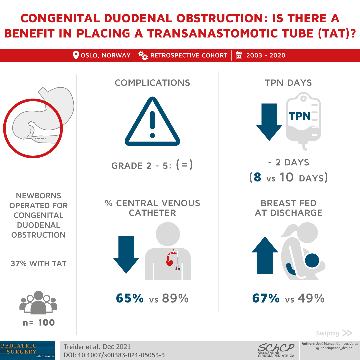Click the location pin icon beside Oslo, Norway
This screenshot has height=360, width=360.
pos(76,55)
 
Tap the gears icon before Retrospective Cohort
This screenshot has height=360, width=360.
pos(143,56)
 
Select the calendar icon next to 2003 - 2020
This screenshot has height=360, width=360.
pos(239,55)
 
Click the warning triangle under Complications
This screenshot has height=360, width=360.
pos(152,121)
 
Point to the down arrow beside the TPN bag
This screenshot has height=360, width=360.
pos(269,122)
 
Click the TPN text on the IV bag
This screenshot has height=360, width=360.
pos(300,116)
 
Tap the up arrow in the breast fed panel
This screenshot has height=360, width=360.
pos(265,255)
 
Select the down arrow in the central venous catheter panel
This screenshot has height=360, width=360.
pos(126,255)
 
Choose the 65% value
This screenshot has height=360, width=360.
pos(130,298)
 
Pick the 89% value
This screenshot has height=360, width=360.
pos(175,298)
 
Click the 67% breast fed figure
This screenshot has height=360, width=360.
pos(266,298)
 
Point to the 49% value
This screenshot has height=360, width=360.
pos(311,298)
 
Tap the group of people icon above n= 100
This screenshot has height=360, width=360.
pos(38,303)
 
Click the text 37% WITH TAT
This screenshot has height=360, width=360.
pos(39,263)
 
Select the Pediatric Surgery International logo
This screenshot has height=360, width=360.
pos(28,350)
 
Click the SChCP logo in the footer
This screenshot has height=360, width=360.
pos(276,350)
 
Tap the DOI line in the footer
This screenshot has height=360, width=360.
pos(114,355)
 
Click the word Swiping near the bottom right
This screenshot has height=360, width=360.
pos(327,333)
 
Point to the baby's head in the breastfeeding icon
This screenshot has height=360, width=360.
pos(312,260)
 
